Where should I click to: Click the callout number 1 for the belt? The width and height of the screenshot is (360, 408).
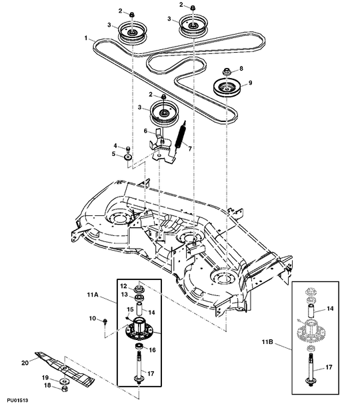click(x=87, y=40)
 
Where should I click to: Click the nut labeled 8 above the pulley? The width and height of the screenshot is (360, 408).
click(x=225, y=70)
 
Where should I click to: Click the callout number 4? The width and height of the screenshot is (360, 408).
click(x=115, y=145)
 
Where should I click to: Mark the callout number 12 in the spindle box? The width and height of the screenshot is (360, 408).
click(x=123, y=286)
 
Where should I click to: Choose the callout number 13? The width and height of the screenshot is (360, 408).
click(x=123, y=294)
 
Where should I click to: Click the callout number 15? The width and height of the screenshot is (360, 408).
click(x=130, y=310)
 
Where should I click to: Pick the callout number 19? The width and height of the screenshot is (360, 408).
click(x=46, y=377)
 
